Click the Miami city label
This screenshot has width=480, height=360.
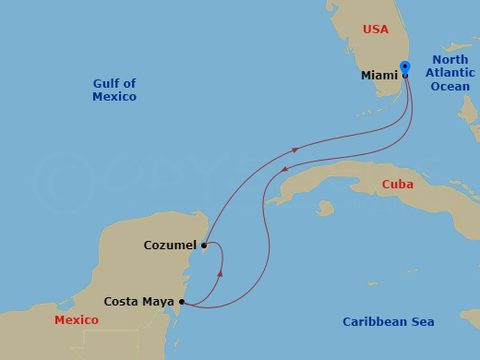[379, 76]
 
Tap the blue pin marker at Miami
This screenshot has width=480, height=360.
[405, 67]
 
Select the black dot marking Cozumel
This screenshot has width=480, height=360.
[203, 246]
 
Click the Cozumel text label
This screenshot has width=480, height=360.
[170, 246]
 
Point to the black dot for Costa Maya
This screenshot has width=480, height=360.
[182, 302]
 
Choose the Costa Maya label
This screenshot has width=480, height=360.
[139, 302]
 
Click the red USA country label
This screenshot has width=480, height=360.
[376, 30]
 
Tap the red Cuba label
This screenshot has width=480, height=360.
[398, 185]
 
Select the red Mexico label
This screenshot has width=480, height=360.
[77, 320]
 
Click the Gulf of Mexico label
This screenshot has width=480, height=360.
[114, 90]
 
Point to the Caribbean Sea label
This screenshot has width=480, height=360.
[389, 322]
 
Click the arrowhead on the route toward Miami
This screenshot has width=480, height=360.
[294, 149]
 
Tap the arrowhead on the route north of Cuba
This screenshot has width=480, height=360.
[284, 169]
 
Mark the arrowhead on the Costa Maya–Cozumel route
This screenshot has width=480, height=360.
[221, 273]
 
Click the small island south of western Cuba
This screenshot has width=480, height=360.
[324, 209]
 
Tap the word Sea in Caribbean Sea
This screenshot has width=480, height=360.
[422, 322]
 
